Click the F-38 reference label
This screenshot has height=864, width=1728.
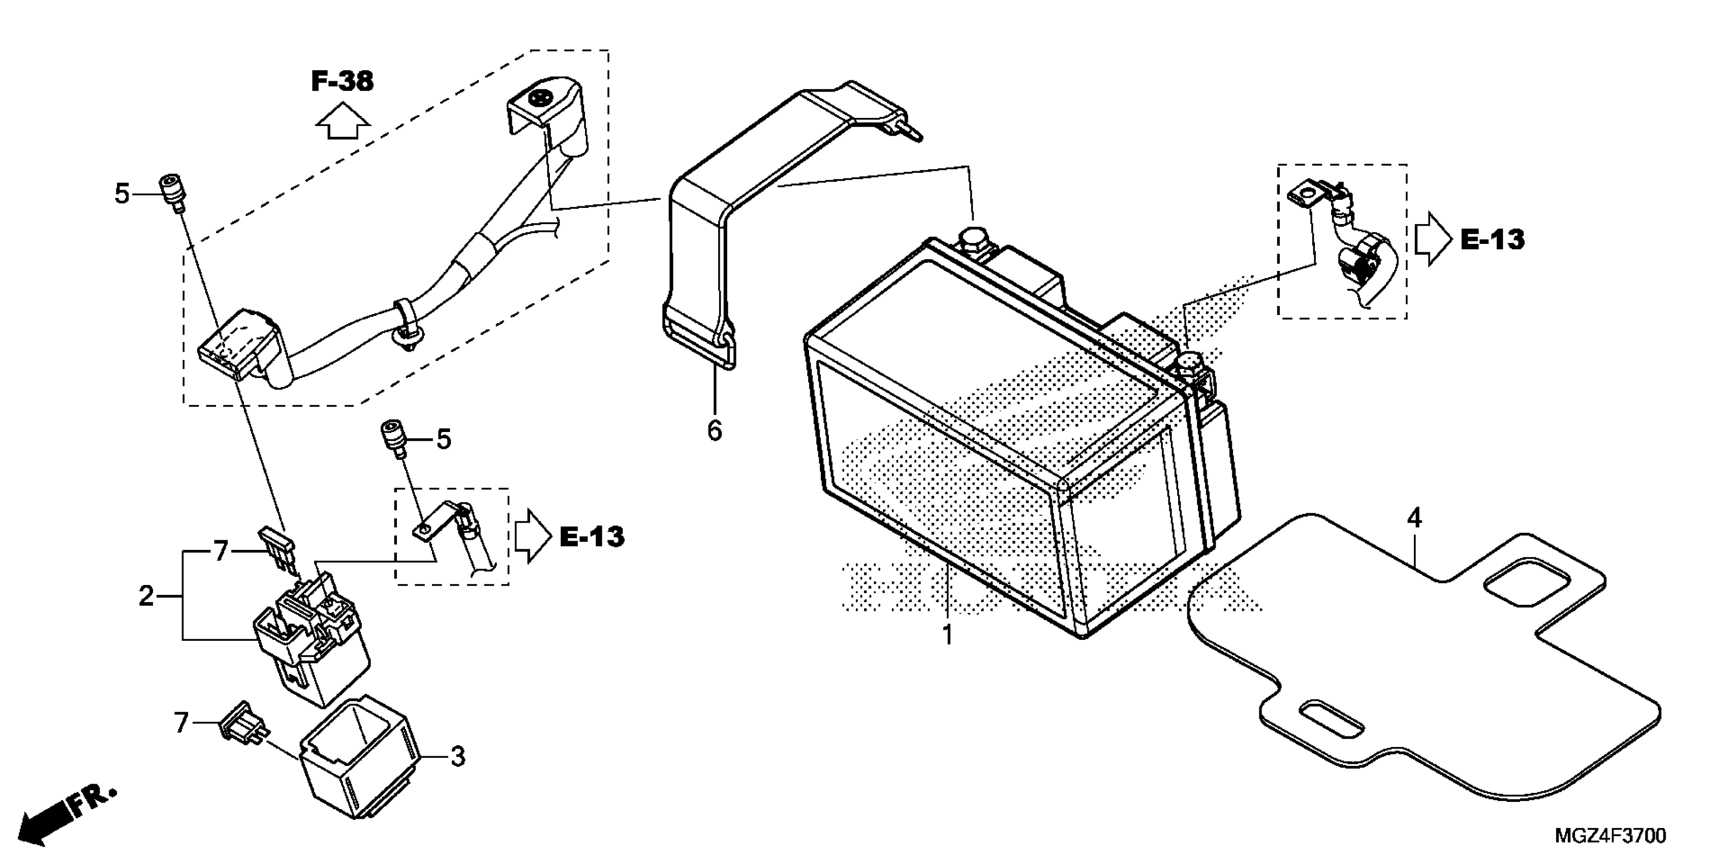pyautogui.click(x=342, y=81)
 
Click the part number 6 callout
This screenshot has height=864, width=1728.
pyautogui.click(x=715, y=430)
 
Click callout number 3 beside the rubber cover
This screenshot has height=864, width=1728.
pyautogui.click(x=457, y=757)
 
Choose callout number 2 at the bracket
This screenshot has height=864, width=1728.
pyautogui.click(x=146, y=596)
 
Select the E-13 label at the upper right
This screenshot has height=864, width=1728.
pyautogui.click(x=1493, y=239)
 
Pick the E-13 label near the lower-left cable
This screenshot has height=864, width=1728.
pyautogui.click(x=592, y=536)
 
